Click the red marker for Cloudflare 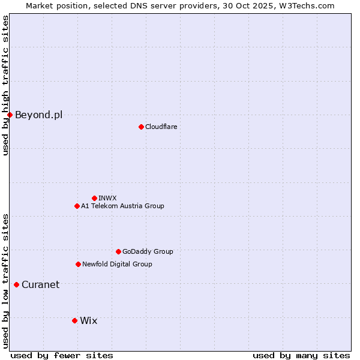point(141,127)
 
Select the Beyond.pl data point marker point(10,115)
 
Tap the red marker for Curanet point(16,284)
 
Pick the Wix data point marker point(74,320)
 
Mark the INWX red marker point(94,198)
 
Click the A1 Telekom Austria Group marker point(77,206)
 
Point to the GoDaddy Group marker point(118,251)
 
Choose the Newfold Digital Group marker point(78,264)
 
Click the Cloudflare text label point(161,127)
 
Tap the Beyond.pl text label point(38,115)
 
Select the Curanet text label point(40,284)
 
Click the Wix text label point(88,320)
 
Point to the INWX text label point(107,198)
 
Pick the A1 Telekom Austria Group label point(122,206)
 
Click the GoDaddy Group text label point(148,251)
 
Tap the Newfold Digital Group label point(117,264)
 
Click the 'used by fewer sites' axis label point(62,355)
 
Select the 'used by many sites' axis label point(301,355)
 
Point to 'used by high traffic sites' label point(5,85)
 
